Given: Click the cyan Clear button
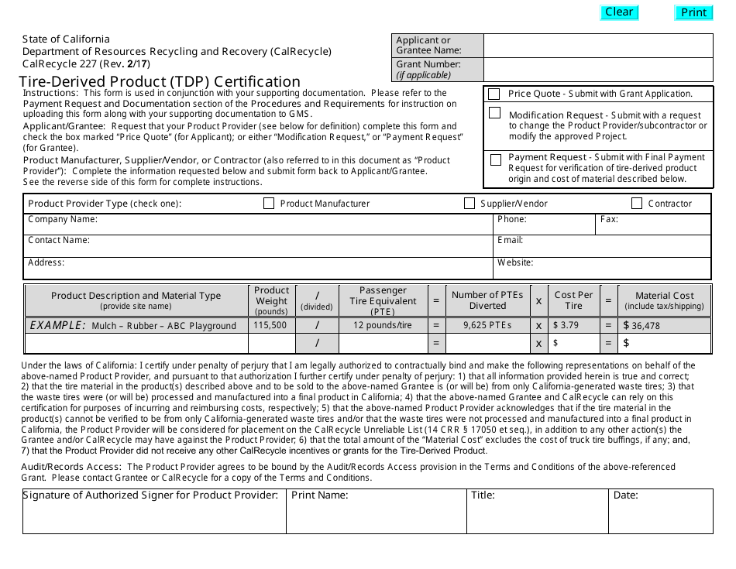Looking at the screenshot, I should point(619,12).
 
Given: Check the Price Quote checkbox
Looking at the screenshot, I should point(494,94).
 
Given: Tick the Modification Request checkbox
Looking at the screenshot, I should point(495,113).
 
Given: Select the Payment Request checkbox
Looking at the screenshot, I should point(495,160).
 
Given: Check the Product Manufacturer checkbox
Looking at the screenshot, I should point(269,204).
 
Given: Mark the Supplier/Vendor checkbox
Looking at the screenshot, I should point(469,204).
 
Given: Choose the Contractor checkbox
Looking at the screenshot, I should point(637,204).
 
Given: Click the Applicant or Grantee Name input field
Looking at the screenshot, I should point(597,46).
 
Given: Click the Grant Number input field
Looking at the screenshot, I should point(597,70).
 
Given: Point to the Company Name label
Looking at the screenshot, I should point(63,220).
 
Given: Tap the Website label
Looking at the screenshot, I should point(515,262).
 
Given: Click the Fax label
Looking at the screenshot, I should point(609,220).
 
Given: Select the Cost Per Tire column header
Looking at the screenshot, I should point(573,300).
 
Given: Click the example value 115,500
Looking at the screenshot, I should point(270,325).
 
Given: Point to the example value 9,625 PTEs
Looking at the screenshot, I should point(487,325).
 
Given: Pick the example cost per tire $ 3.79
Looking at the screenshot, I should point(566,325).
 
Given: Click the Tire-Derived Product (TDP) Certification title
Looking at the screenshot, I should point(160,81).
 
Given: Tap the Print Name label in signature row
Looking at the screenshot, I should point(320,495).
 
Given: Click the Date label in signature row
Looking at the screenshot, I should point(626,495).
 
